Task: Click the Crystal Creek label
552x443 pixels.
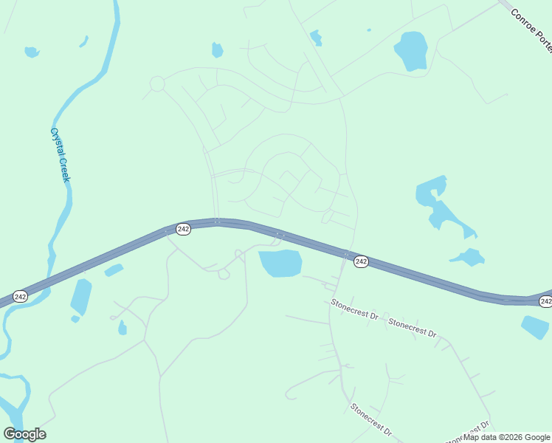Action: [60, 155]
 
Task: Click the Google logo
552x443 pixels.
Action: [24, 434]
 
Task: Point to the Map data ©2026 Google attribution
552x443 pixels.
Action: [507, 437]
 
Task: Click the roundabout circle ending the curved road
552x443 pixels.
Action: [156, 84]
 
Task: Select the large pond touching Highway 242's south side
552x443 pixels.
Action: [280, 263]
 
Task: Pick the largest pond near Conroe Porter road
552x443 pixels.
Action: [411, 50]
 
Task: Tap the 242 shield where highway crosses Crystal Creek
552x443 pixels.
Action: [20, 296]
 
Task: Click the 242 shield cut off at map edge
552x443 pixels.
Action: [545, 301]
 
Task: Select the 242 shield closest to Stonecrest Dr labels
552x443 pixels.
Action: [361, 261]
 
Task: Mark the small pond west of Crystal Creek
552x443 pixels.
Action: [31, 52]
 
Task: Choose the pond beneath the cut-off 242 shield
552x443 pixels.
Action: [535, 327]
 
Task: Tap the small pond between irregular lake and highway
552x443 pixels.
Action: [467, 258]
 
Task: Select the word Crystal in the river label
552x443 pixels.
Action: [56, 142]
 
